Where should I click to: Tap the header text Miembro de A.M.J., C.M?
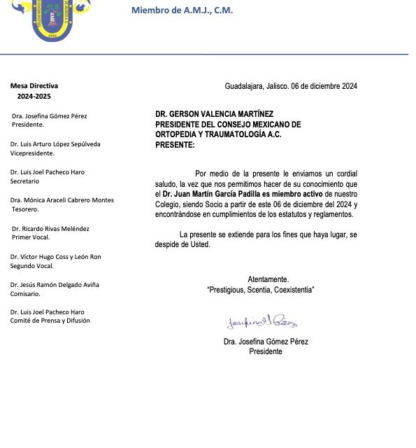(182, 10)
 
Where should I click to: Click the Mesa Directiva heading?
(34, 85)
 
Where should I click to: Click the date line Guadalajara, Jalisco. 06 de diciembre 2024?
(291, 86)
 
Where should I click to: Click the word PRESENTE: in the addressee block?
(175, 143)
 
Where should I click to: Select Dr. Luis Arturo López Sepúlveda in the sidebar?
(55, 143)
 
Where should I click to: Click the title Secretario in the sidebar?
(25, 181)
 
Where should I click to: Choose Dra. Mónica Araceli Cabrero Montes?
(62, 200)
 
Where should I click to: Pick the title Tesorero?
(25, 209)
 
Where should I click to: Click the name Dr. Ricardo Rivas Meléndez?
(51, 228)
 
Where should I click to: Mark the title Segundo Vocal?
(31, 266)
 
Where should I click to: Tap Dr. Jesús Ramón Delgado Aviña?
(55, 285)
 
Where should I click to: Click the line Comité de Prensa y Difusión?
(50, 321)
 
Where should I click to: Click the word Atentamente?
(268, 279)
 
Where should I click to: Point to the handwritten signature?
(261, 322)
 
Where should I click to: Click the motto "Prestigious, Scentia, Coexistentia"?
(260, 289)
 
